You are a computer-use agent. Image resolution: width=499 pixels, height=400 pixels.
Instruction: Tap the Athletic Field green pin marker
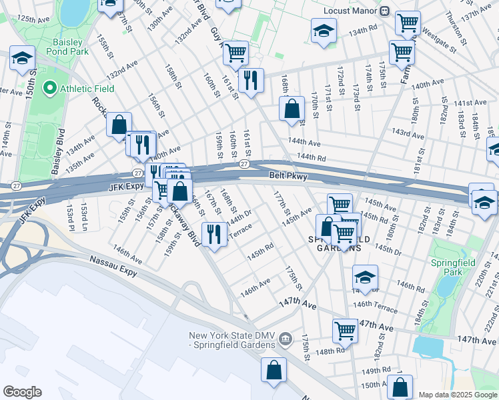tap(48, 88)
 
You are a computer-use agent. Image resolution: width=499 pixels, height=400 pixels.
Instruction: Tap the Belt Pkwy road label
tap(288, 176)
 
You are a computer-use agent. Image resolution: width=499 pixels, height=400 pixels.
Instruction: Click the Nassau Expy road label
tap(106, 264)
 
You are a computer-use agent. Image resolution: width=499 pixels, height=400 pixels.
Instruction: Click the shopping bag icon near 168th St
tap(292, 108)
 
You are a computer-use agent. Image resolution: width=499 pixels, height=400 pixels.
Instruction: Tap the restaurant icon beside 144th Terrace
tap(214, 233)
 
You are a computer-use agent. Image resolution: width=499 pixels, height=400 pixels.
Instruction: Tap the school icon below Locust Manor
tap(324, 29)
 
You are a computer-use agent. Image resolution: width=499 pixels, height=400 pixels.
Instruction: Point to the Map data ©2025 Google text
tap(458, 395)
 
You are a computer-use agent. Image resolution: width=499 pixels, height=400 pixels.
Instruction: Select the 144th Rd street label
tap(312, 157)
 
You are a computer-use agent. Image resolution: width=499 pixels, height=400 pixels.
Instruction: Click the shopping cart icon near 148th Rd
tap(345, 329)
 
